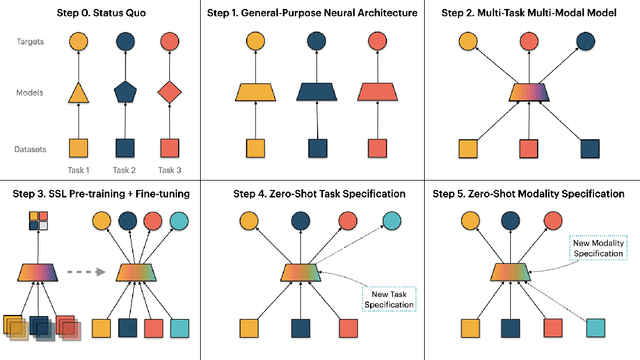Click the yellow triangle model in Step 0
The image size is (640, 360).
coord(79,94)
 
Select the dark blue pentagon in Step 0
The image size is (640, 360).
coord(126,93)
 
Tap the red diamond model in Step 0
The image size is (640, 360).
coord(171,93)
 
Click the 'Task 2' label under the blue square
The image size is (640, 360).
coord(126,169)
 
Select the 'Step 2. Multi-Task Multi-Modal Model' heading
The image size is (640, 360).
coord(532,13)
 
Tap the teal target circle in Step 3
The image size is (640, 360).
coord(179,222)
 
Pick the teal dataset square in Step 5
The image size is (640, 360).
coord(595,327)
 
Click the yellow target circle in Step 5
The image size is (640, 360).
coord(467,222)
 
